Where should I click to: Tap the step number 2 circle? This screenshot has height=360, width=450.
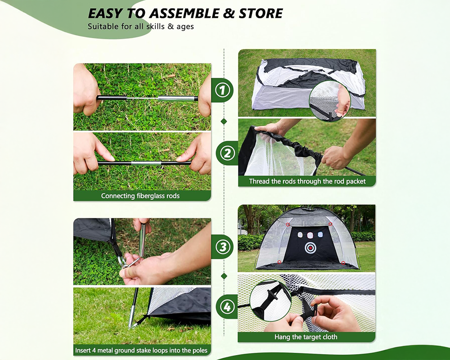click(x=228, y=153)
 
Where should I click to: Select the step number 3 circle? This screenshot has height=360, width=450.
click(x=224, y=247)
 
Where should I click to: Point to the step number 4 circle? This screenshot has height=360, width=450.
click(x=228, y=307)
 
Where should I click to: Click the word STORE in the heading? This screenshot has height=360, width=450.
click(x=261, y=13)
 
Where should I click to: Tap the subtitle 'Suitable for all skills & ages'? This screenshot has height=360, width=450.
click(x=141, y=27)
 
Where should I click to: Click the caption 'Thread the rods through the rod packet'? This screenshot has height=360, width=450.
click(x=307, y=181)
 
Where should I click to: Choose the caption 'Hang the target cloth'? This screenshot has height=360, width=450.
click(x=306, y=337)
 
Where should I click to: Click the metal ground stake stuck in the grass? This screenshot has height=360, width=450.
click(x=133, y=310)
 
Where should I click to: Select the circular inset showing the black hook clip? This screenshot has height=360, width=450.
click(x=270, y=301)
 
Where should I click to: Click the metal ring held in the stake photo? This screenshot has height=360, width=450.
click(x=123, y=261)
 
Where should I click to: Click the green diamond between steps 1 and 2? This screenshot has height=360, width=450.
click(x=224, y=121)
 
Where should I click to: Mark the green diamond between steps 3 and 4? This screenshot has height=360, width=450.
click(x=224, y=276)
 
